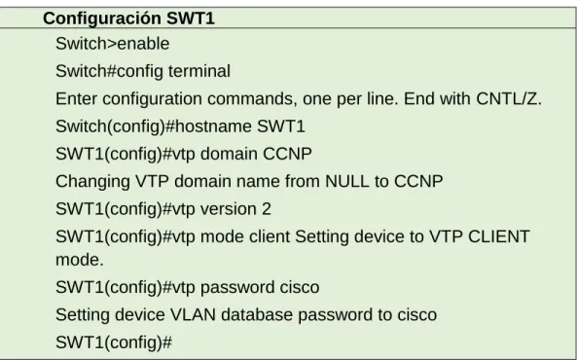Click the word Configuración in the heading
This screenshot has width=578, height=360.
click(102, 18)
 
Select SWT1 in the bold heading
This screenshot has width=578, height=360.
click(190, 18)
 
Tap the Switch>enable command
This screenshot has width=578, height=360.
click(113, 44)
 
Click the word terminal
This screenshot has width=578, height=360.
click(199, 71)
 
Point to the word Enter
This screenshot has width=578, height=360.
click(77, 98)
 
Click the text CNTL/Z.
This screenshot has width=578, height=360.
click(509, 98)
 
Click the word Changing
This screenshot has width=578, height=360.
click(92, 182)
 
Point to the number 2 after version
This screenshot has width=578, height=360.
click(267, 209)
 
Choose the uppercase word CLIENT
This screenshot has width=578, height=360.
click(499, 236)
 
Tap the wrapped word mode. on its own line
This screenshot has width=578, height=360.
click(80, 260)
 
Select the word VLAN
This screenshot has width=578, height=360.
click(193, 314)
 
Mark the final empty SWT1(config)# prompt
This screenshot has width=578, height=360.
click(114, 342)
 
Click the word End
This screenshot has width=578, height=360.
click(417, 98)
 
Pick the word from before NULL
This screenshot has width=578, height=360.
click(303, 181)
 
